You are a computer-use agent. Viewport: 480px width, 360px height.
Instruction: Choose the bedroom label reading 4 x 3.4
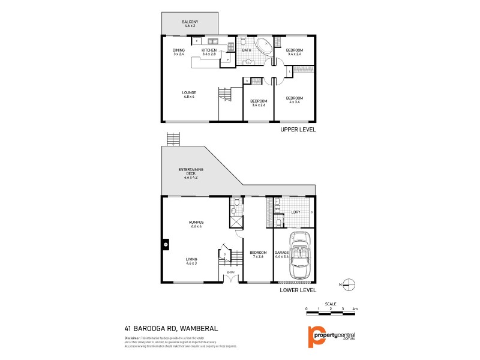tap(294, 100)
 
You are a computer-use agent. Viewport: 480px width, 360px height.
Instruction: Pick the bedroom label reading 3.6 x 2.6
tap(258, 103)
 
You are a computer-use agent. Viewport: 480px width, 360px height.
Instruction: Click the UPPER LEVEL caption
tap(298, 130)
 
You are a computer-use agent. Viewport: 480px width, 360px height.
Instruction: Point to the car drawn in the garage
tap(298, 254)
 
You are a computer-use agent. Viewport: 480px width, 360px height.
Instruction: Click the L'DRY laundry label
tap(295, 212)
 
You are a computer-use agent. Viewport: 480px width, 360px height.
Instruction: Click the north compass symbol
tap(351, 284)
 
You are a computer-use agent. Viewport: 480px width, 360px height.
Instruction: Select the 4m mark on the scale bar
tap(355, 308)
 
